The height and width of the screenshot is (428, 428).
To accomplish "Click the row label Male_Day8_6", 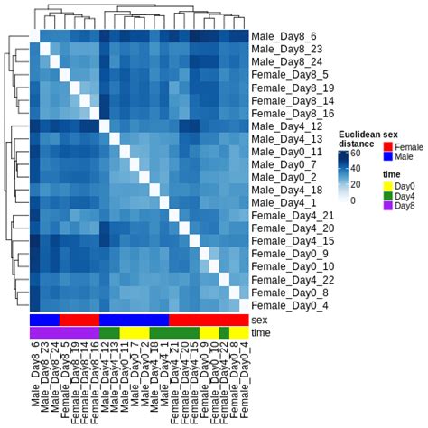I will point(279,34).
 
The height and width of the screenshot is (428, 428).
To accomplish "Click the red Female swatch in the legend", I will point(388,145).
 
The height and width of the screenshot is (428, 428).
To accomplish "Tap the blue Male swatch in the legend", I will point(388,156).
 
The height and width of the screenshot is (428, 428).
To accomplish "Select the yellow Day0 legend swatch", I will point(388,185).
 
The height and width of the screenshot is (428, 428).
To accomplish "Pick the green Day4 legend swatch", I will point(388,195).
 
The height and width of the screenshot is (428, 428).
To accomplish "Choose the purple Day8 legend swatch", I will point(388,206).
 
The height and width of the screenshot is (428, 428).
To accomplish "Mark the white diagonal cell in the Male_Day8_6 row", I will point(35,34).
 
